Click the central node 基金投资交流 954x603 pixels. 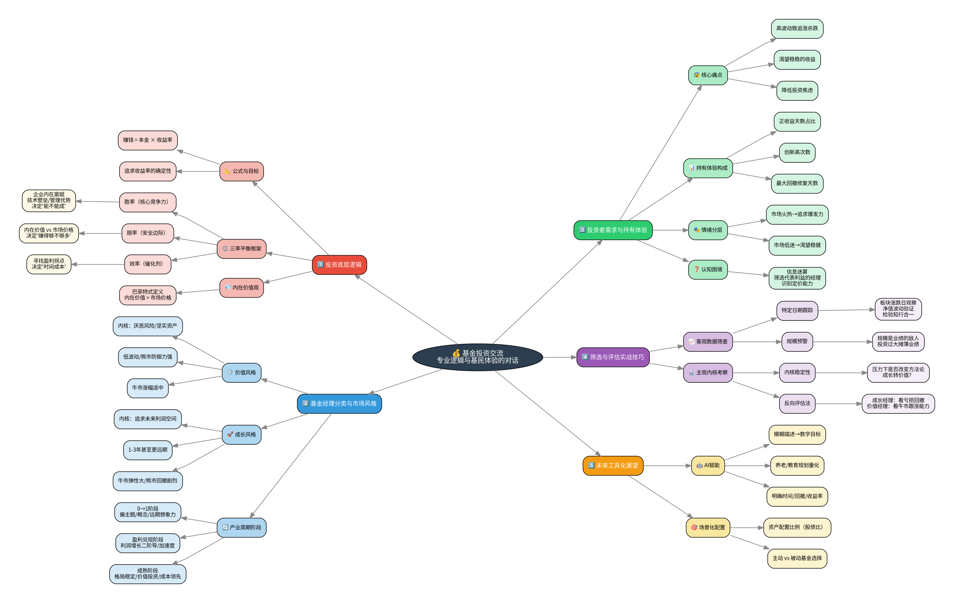tap(477, 357)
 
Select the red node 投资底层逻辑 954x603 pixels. tap(340, 265)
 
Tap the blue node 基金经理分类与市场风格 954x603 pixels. tap(340, 404)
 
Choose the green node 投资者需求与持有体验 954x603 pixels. tap(613, 230)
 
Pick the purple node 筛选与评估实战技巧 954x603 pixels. tap(613, 357)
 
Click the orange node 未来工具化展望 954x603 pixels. tap(613, 466)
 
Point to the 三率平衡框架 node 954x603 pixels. tap(242, 248)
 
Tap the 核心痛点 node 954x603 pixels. tap(708, 75)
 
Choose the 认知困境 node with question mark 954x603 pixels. tap(708, 269)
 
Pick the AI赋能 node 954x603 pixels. tap(708, 466)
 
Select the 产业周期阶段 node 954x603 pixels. tap(242, 527)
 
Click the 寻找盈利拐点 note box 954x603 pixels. tap(49, 264)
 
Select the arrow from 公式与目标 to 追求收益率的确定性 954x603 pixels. tap(198, 171)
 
